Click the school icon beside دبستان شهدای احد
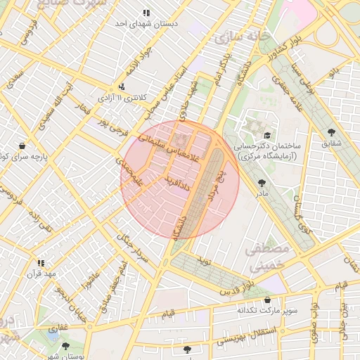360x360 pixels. coord(146,13)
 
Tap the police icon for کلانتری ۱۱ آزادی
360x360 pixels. coord(122,87)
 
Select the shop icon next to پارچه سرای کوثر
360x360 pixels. coord(22,146)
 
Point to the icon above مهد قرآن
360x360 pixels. coord(40,262)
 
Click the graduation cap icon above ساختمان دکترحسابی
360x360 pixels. coord(267,135)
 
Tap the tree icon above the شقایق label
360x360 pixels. coord(331,131)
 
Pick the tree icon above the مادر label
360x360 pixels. coord(262,181)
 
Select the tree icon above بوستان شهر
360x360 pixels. coord(65,346)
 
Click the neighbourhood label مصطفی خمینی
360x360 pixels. coord(266,257)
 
